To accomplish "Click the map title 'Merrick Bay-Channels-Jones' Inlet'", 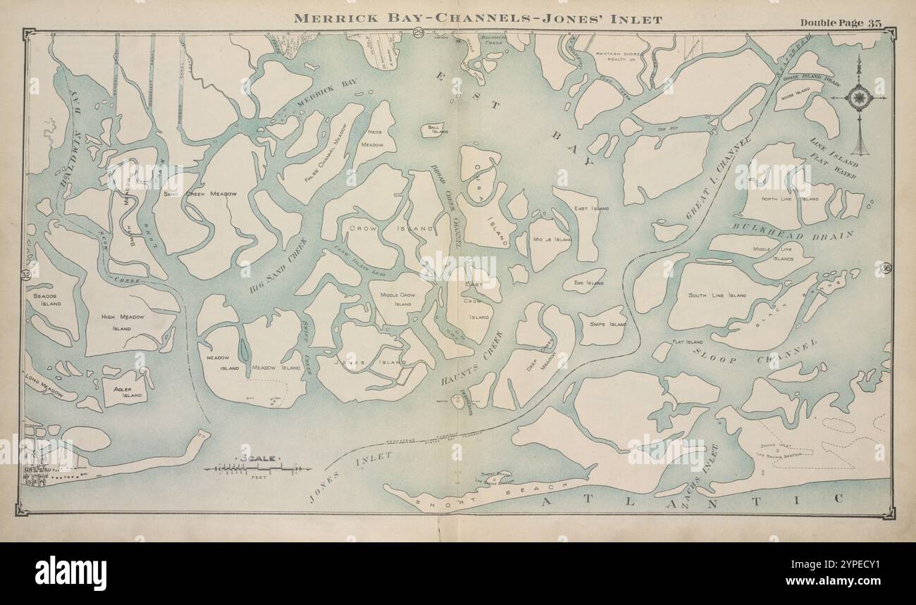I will click(478, 19).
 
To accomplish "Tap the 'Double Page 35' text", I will click(841, 22).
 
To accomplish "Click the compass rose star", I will click(859, 96).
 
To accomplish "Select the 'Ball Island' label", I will click(434, 129).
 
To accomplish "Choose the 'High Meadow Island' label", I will click(122, 322).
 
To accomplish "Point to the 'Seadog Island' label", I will click(47, 299).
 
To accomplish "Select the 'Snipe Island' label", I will click(607, 325).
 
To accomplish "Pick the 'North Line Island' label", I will click(790, 199).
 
